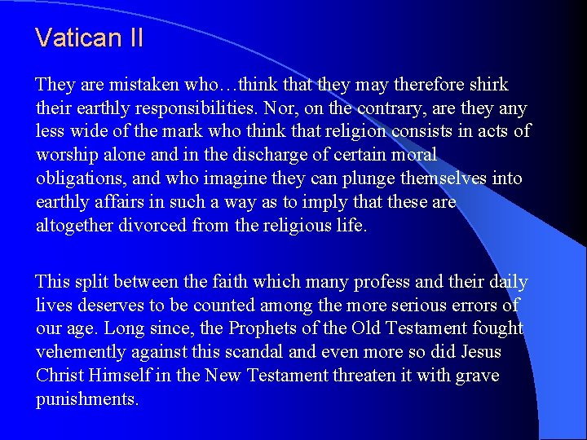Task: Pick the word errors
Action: [x=479, y=306]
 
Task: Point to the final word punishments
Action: [x=87, y=400]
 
